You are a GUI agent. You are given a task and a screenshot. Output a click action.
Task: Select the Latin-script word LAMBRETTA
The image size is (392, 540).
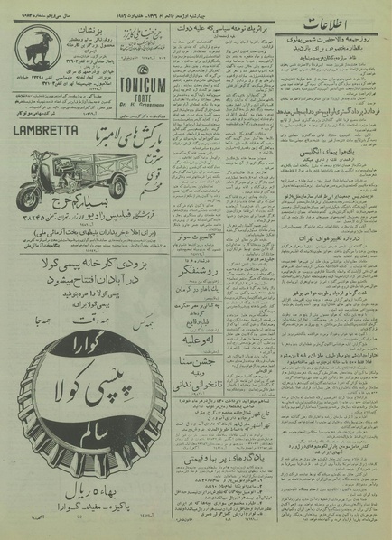coord(45,130)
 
